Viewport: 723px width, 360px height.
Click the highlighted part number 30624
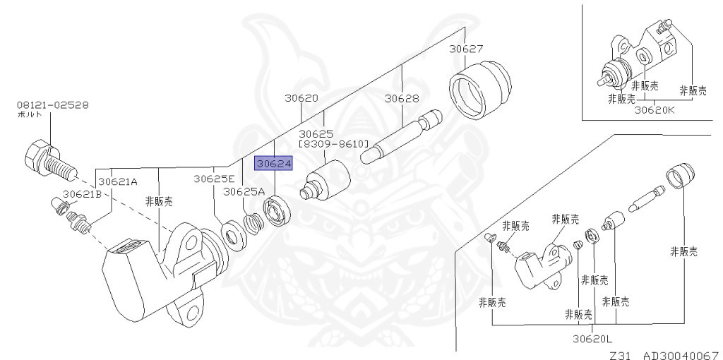273,164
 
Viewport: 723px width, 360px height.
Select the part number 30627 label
467,49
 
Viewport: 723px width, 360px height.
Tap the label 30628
402,98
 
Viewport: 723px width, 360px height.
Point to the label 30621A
118,181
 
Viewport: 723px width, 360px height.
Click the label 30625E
214,179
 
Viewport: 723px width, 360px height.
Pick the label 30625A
244,191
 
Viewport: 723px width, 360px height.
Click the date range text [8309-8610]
334,143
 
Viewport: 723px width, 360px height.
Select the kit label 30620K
655,109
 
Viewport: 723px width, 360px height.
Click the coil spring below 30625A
253,224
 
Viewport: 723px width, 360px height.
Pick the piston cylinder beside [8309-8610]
325,181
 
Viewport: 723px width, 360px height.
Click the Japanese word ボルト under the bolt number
29,114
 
